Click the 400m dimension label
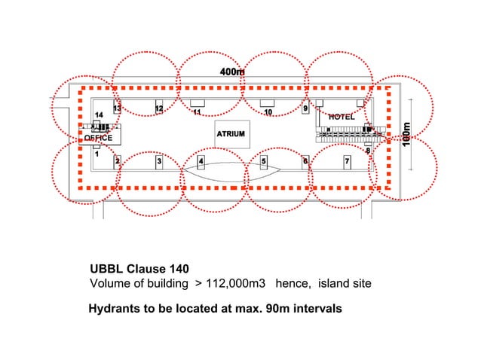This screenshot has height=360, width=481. (232, 72)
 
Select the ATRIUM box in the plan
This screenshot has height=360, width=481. (231, 134)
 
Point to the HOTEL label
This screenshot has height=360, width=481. (341, 117)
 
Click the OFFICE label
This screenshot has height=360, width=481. (98, 138)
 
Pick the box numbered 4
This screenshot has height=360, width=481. (201, 161)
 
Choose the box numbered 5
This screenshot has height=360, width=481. (264, 161)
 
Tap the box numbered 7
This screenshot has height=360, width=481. (347, 161)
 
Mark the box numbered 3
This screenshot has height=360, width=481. (159, 161)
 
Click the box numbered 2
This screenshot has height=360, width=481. (118, 161)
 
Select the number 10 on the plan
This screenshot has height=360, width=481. (268, 112)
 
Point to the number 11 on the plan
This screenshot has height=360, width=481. (196, 113)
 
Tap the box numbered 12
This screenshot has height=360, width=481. (159, 108)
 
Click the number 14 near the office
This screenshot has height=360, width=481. (98, 114)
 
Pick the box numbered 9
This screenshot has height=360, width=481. (305, 108)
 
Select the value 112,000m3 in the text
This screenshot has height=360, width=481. (236, 284)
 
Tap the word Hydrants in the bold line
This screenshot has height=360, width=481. (114, 309)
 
